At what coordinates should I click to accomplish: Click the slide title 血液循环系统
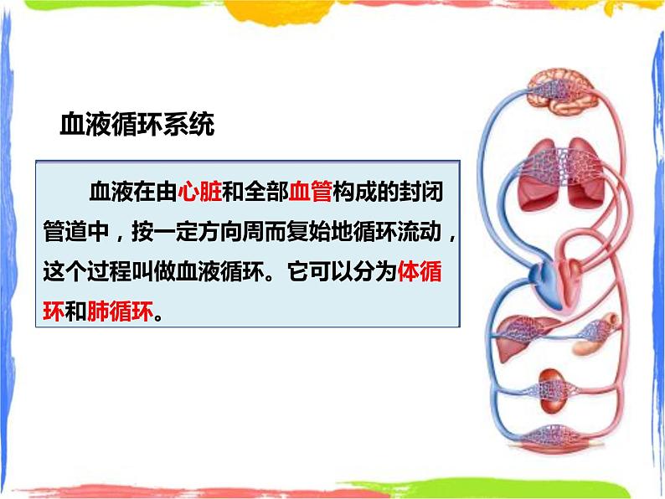(137, 126)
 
